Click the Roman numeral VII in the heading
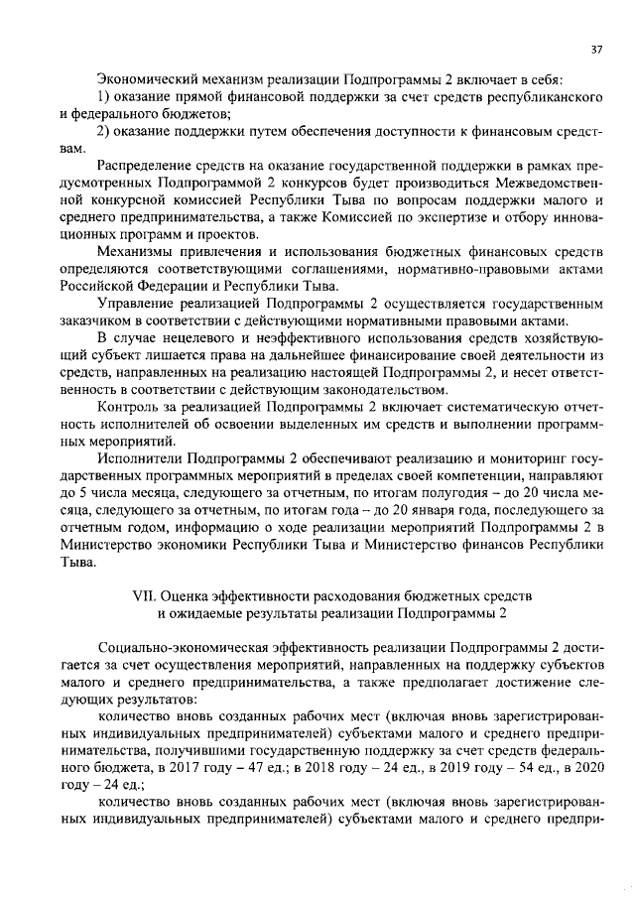coord(146,594)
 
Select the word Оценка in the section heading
coord(195,594)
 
